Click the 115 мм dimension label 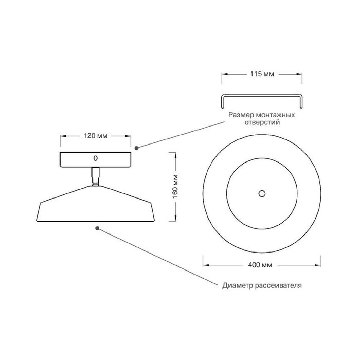[x=262, y=74]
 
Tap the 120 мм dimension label [x=96, y=136]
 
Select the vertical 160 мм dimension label [x=175, y=187]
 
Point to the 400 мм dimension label [x=260, y=265]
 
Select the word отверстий [x=262, y=122]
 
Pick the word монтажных [x=275, y=115]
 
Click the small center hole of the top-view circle [x=262, y=194]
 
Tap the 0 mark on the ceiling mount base [x=95, y=158]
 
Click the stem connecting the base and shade [x=96, y=176]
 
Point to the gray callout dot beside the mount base [x=136, y=148]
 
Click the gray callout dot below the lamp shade [x=97, y=228]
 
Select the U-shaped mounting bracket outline [x=262, y=101]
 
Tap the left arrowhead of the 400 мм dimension [x=206, y=265]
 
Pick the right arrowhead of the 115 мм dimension [x=299, y=74]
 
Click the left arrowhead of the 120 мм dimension [x=63, y=136]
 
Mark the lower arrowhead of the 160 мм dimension [x=176, y=218]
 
